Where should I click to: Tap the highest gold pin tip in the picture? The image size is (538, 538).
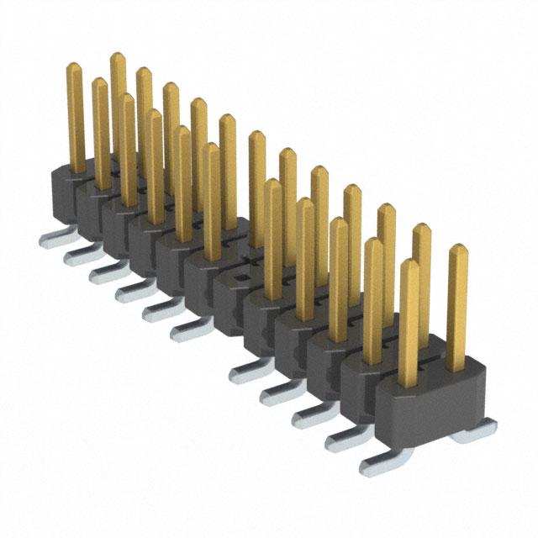click(x=118, y=57)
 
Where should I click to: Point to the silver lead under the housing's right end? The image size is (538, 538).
click(x=466, y=435)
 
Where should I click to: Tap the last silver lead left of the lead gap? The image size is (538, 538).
click(x=190, y=331)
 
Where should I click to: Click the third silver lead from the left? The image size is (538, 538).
click(x=104, y=271)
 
